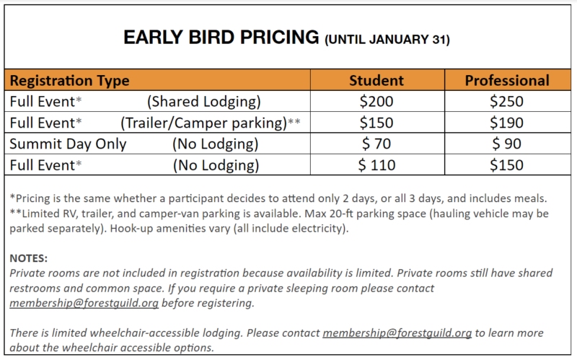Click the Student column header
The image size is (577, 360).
coord(376,80)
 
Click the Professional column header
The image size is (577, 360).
coord(507,80)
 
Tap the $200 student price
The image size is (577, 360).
coord(376,101)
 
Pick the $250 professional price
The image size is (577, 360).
coord(506,101)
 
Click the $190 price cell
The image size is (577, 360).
coord(506,123)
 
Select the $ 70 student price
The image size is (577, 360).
coord(376,144)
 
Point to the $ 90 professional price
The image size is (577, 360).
coord(506,144)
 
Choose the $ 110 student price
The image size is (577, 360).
coord(376,165)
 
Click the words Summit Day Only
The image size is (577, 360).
coord(68,144)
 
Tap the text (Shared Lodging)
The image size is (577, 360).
coord(204,102)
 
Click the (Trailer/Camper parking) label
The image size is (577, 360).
coord(204,123)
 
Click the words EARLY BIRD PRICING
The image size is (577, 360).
coord(221,38)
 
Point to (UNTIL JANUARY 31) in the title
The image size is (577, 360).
coord(387,40)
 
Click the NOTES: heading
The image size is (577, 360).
coord(29,258)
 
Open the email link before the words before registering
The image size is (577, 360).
coord(84,303)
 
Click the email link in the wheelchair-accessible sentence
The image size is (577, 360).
coord(397,333)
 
